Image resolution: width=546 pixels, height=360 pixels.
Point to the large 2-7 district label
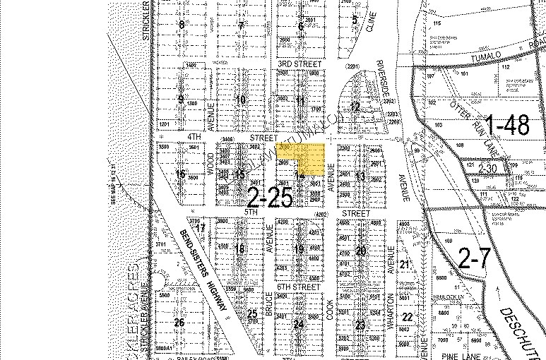(473, 260)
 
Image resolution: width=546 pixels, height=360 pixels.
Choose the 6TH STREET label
(294, 287)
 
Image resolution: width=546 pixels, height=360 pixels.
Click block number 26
(179, 323)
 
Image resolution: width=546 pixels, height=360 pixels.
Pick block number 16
(181, 174)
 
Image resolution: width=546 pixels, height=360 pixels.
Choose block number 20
(362, 252)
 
